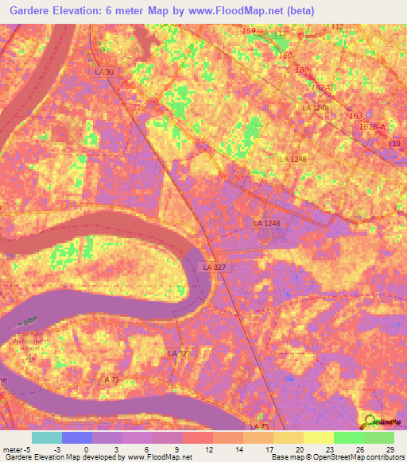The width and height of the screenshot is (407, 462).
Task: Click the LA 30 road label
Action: [x=104, y=72]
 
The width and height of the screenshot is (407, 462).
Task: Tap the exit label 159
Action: [x=249, y=30]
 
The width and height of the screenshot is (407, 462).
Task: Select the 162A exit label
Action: [x=320, y=87]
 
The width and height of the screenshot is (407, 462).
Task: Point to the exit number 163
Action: [x=355, y=116]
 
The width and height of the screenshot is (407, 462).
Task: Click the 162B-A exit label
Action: [x=371, y=126]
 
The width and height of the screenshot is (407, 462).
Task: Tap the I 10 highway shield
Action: [x=394, y=143]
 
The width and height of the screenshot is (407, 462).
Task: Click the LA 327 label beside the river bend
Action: [x=215, y=268]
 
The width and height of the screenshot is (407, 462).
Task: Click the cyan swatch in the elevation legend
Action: [x=46, y=437]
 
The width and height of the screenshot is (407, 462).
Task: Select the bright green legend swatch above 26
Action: [x=348, y=437]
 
